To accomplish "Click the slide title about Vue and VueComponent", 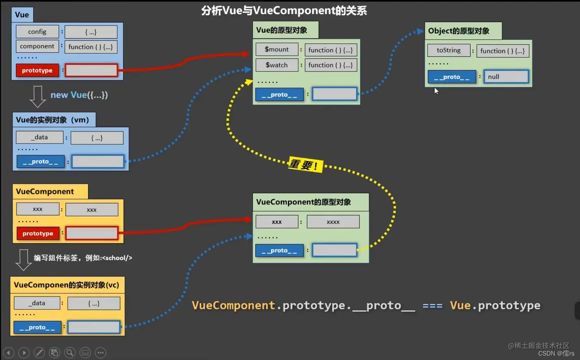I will (284, 11).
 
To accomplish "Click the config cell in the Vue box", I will (37, 32).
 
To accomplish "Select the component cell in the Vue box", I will (37, 46).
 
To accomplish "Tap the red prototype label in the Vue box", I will (37, 71).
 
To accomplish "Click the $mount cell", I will (277, 49).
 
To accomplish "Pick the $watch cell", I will (277, 65).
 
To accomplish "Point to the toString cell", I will (448, 50).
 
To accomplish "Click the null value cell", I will (506, 77).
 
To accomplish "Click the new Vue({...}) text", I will (79, 95).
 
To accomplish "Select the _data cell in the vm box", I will (40, 137).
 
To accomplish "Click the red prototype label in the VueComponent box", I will (38, 233).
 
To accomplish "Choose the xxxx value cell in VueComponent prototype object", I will (333, 222).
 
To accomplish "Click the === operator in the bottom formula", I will (432, 306).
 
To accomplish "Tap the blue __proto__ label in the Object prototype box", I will (451, 77).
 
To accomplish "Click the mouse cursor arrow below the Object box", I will (436, 91).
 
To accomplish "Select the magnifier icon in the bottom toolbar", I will (70, 352).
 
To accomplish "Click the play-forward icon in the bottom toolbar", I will (24, 352).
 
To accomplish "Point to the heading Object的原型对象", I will (459, 31).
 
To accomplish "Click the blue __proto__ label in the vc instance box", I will (37, 327).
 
